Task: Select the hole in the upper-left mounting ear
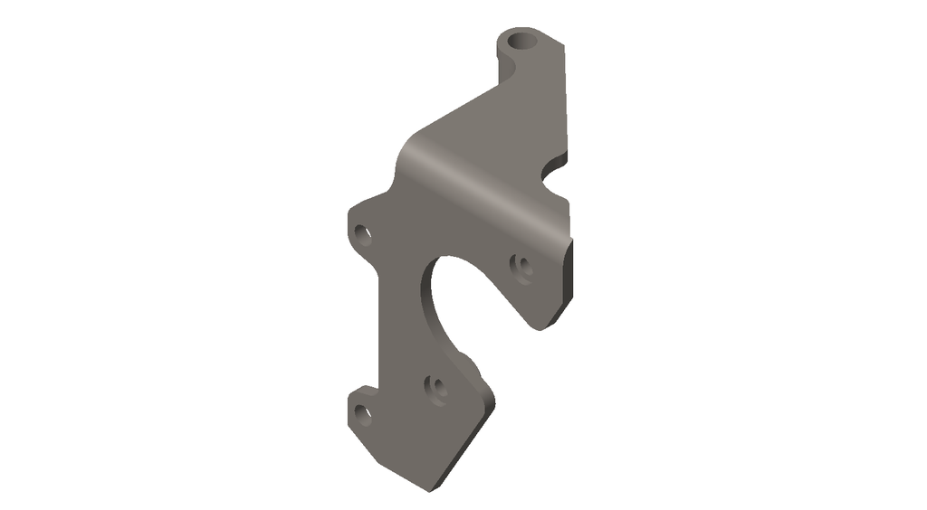coord(364,233)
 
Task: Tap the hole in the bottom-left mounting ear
coord(363,414)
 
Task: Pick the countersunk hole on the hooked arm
coord(521,266)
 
